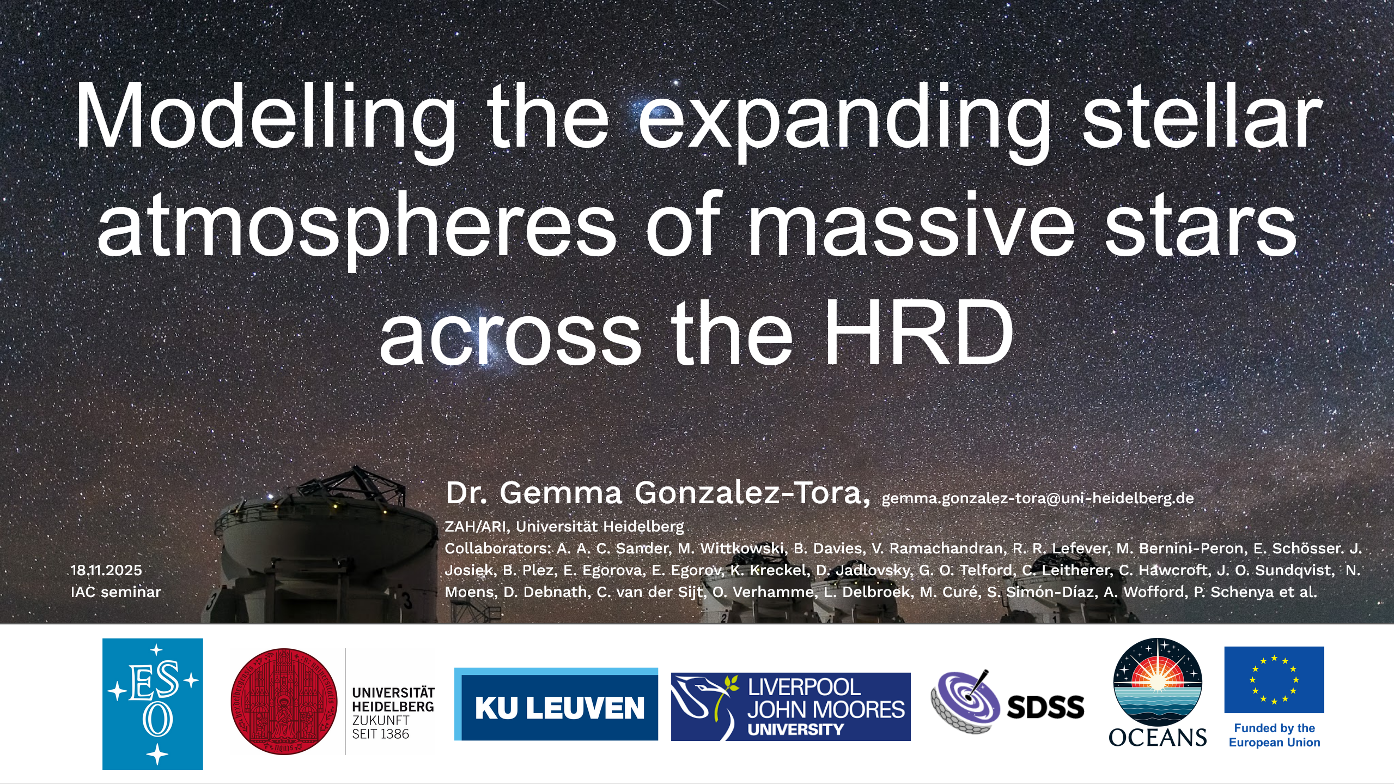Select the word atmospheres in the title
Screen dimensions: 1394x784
356,227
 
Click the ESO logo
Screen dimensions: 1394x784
153,704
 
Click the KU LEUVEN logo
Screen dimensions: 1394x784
556,704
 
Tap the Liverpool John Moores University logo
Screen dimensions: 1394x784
790,707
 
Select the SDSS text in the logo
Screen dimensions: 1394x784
1045,707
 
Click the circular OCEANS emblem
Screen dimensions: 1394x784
1158,682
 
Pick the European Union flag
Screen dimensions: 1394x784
1274,680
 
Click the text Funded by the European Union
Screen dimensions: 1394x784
1274,735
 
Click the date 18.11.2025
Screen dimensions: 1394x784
106,570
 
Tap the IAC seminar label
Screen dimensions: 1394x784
116,592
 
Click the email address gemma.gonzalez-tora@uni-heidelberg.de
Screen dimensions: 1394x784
1038,498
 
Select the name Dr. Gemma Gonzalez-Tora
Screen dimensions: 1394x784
658,493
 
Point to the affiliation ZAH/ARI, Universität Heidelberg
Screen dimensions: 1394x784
564,527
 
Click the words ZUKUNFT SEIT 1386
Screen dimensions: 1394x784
380,727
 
